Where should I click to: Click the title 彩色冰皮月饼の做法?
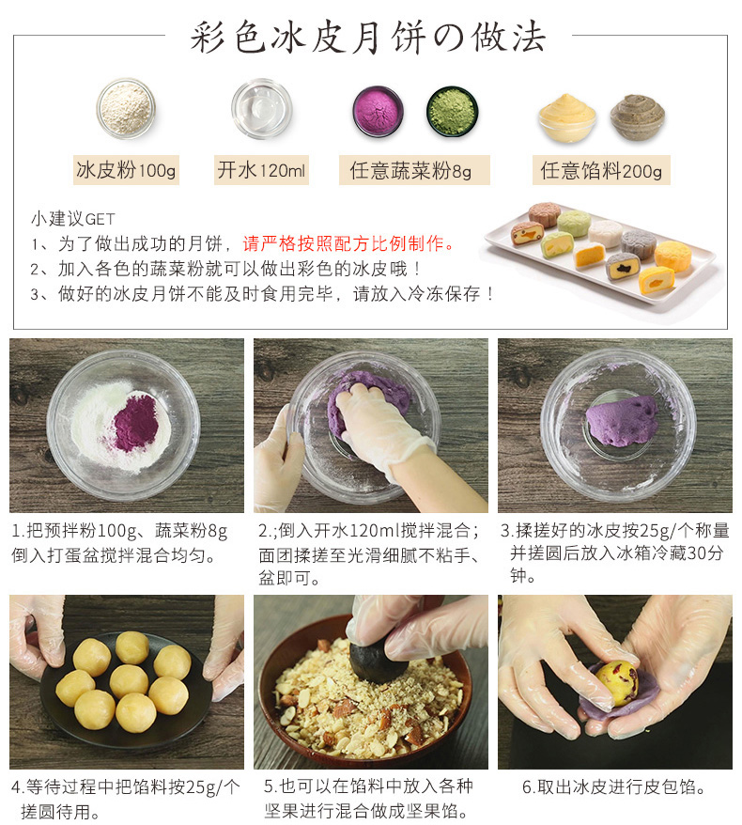[x=369, y=39]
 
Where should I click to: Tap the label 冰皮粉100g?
[x=126, y=170]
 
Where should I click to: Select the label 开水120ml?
[x=262, y=170]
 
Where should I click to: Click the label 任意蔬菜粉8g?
[x=410, y=170]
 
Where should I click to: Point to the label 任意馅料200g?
[x=601, y=170]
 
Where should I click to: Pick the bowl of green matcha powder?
[x=452, y=112]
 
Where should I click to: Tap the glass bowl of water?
[x=262, y=108]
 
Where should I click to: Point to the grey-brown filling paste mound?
[x=638, y=117]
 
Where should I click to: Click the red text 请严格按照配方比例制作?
[x=348, y=244]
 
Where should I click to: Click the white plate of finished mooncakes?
[x=601, y=249]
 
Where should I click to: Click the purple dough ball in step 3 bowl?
[x=623, y=421]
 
